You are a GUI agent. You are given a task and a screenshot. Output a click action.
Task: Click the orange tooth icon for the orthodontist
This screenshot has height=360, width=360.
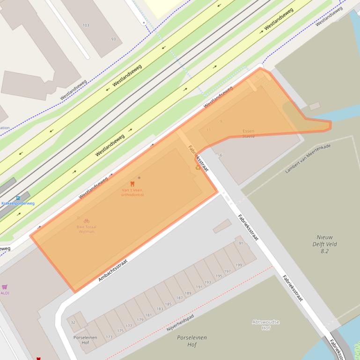[x=132, y=184]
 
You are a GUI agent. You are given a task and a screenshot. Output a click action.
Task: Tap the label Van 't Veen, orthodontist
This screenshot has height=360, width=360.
[x=132, y=192]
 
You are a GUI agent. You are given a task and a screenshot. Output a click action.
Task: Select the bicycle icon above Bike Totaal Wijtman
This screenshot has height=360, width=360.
[x=86, y=221]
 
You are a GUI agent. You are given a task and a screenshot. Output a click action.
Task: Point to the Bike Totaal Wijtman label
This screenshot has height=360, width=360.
[x=87, y=229]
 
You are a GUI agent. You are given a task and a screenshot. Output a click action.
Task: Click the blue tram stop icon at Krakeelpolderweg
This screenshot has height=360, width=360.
[x=18, y=198]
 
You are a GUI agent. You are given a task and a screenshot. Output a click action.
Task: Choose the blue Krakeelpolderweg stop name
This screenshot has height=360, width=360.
[x=18, y=204]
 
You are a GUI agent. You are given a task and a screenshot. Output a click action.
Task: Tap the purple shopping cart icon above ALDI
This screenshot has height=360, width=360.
[x=5, y=287]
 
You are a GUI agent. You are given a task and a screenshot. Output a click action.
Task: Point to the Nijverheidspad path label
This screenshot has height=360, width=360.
[x=180, y=323]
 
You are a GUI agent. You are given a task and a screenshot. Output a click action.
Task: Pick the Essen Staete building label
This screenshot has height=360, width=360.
[x=249, y=133]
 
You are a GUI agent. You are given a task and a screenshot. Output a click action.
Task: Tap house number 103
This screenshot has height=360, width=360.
[x=86, y=25]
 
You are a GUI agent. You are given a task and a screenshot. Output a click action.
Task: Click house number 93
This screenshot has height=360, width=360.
[x=113, y=39]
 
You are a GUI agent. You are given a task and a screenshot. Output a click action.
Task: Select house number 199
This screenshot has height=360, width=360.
[x=239, y=265]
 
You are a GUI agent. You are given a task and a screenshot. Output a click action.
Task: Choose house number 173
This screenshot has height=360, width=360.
[x=109, y=337]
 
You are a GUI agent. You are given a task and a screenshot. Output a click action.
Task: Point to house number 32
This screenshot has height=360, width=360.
[x=73, y=323]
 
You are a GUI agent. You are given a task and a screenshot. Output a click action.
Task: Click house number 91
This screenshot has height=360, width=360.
[x=241, y=244]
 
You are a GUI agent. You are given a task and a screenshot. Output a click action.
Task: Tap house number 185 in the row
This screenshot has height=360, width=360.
[x=168, y=304]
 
